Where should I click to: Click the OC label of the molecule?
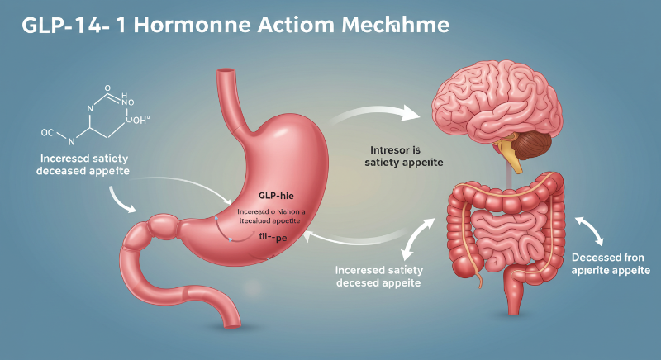click(49, 131)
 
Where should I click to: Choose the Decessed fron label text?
click(611, 257)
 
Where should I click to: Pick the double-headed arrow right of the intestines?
click(589, 229)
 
